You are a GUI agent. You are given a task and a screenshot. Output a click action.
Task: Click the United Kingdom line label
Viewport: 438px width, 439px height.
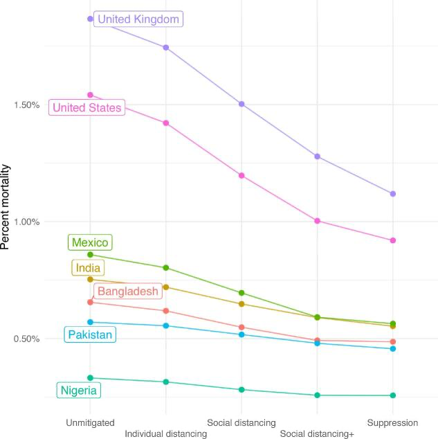pos(138,19)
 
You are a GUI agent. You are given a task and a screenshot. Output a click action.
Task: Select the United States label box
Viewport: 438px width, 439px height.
pos(87,107)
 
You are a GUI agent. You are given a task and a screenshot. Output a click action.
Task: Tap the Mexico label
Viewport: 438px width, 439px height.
pos(90,242)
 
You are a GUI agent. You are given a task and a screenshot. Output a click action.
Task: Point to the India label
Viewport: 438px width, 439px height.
pos(87,268)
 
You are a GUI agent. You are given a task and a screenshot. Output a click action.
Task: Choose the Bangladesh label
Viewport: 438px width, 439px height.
pos(127,292)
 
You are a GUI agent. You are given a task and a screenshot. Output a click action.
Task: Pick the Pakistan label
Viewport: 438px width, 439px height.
pos(90,335)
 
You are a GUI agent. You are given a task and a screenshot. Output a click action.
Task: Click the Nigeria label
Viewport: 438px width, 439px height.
pos(79,391)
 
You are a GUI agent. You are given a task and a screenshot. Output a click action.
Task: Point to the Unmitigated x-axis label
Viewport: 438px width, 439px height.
pos(90,422)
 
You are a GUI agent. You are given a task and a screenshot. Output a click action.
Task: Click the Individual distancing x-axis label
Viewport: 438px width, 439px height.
pos(166,433)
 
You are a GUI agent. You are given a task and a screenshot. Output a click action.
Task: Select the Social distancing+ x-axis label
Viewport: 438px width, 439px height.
pos(317,433)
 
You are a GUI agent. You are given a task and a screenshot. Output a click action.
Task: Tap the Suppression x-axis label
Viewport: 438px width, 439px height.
pos(392,422)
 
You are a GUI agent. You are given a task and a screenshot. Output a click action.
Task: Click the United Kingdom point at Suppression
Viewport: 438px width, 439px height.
pos(393,194)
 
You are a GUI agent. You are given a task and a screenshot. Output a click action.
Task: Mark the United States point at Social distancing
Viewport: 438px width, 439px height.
pos(241,175)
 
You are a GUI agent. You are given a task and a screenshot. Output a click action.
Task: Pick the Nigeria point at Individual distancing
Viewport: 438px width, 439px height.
pos(166,382)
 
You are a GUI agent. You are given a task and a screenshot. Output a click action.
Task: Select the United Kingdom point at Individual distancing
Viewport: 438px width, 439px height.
pos(166,47)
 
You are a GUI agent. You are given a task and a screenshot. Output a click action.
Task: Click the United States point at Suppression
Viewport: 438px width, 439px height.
pos(393,240)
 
